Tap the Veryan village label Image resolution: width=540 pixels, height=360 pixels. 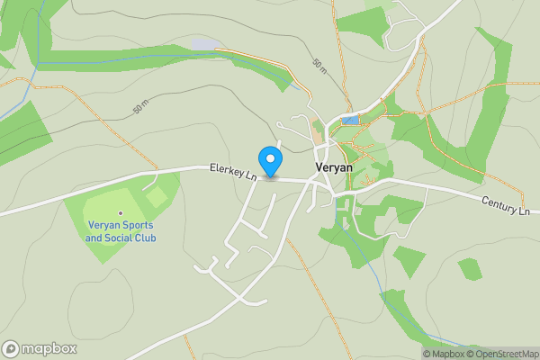pyautogui.click(x=333, y=167)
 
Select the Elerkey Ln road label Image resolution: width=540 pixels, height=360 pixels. pyautogui.click(x=233, y=171)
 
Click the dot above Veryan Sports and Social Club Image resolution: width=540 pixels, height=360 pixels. pyautogui.click(x=121, y=212)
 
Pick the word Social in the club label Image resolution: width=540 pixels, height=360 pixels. pyautogui.click(x=119, y=238)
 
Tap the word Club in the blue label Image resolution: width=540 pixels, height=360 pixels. pyautogui.click(x=145, y=238)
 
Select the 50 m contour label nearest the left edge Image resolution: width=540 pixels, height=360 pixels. pyautogui.click(x=139, y=108)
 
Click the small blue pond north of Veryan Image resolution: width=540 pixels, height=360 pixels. pyautogui.click(x=349, y=119)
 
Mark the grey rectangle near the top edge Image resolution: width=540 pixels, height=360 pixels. pyautogui.click(x=204, y=44)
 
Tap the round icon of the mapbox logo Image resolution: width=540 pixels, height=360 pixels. pyautogui.click(x=12, y=348)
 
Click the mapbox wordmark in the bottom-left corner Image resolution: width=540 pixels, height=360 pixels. pyautogui.click(x=47, y=348)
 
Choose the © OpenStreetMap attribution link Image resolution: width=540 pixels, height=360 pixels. pyautogui.click(x=502, y=354)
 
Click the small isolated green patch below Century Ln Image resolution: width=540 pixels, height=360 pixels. pyautogui.click(x=469, y=268)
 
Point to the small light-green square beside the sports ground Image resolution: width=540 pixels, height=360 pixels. pyautogui.click(x=157, y=195)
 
